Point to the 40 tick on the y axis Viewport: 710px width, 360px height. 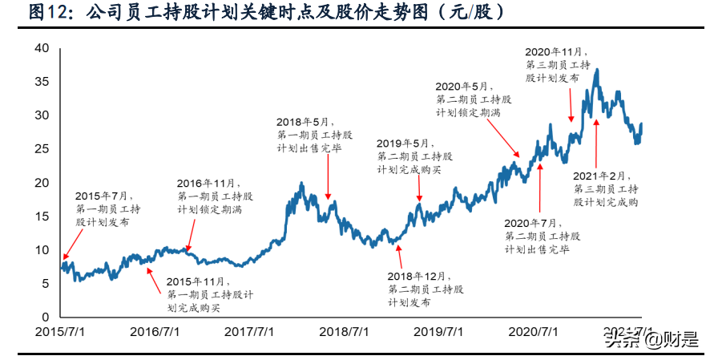point(42,49)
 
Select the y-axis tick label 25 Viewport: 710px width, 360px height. point(42,149)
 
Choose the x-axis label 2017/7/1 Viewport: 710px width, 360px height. point(248,331)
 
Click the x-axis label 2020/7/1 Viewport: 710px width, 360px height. point(534,331)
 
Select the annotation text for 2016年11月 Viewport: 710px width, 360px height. point(215,196)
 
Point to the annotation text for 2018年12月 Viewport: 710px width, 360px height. point(425,289)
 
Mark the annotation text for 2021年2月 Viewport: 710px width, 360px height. point(606,188)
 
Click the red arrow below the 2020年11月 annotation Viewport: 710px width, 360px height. point(571,104)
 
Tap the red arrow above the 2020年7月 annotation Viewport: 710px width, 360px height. point(539,189)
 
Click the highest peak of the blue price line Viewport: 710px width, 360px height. point(596,70)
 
